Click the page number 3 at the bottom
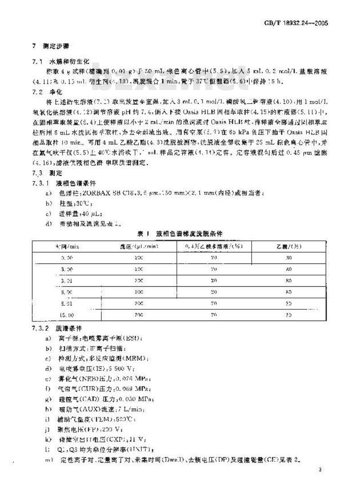[319, 470]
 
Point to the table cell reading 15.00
[67, 316]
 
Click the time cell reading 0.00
[67, 257]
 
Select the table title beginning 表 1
[180, 233]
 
